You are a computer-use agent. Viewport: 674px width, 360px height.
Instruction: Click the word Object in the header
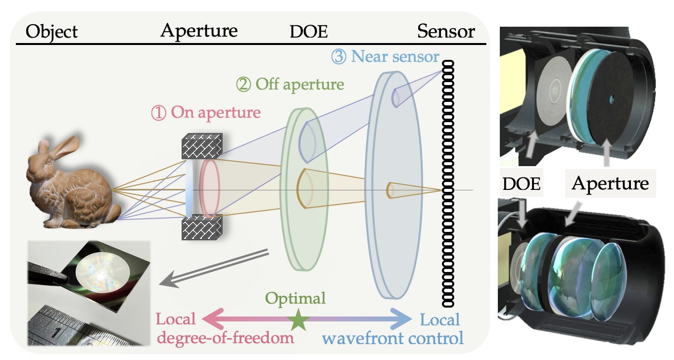pyautogui.click(x=51, y=32)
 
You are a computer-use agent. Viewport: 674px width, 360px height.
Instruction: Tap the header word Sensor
pyautogui.click(x=446, y=32)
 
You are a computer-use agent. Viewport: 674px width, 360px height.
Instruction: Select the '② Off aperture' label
pyautogui.click(x=290, y=85)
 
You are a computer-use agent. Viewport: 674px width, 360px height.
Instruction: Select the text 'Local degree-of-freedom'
pyautogui.click(x=226, y=328)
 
